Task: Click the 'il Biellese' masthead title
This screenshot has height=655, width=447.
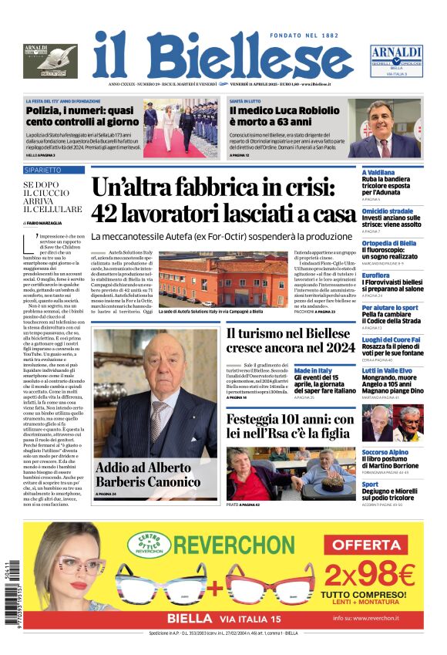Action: tap(223, 56)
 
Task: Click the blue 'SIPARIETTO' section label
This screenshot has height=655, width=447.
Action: tap(43, 169)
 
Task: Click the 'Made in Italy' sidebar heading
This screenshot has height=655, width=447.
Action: tap(313, 370)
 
